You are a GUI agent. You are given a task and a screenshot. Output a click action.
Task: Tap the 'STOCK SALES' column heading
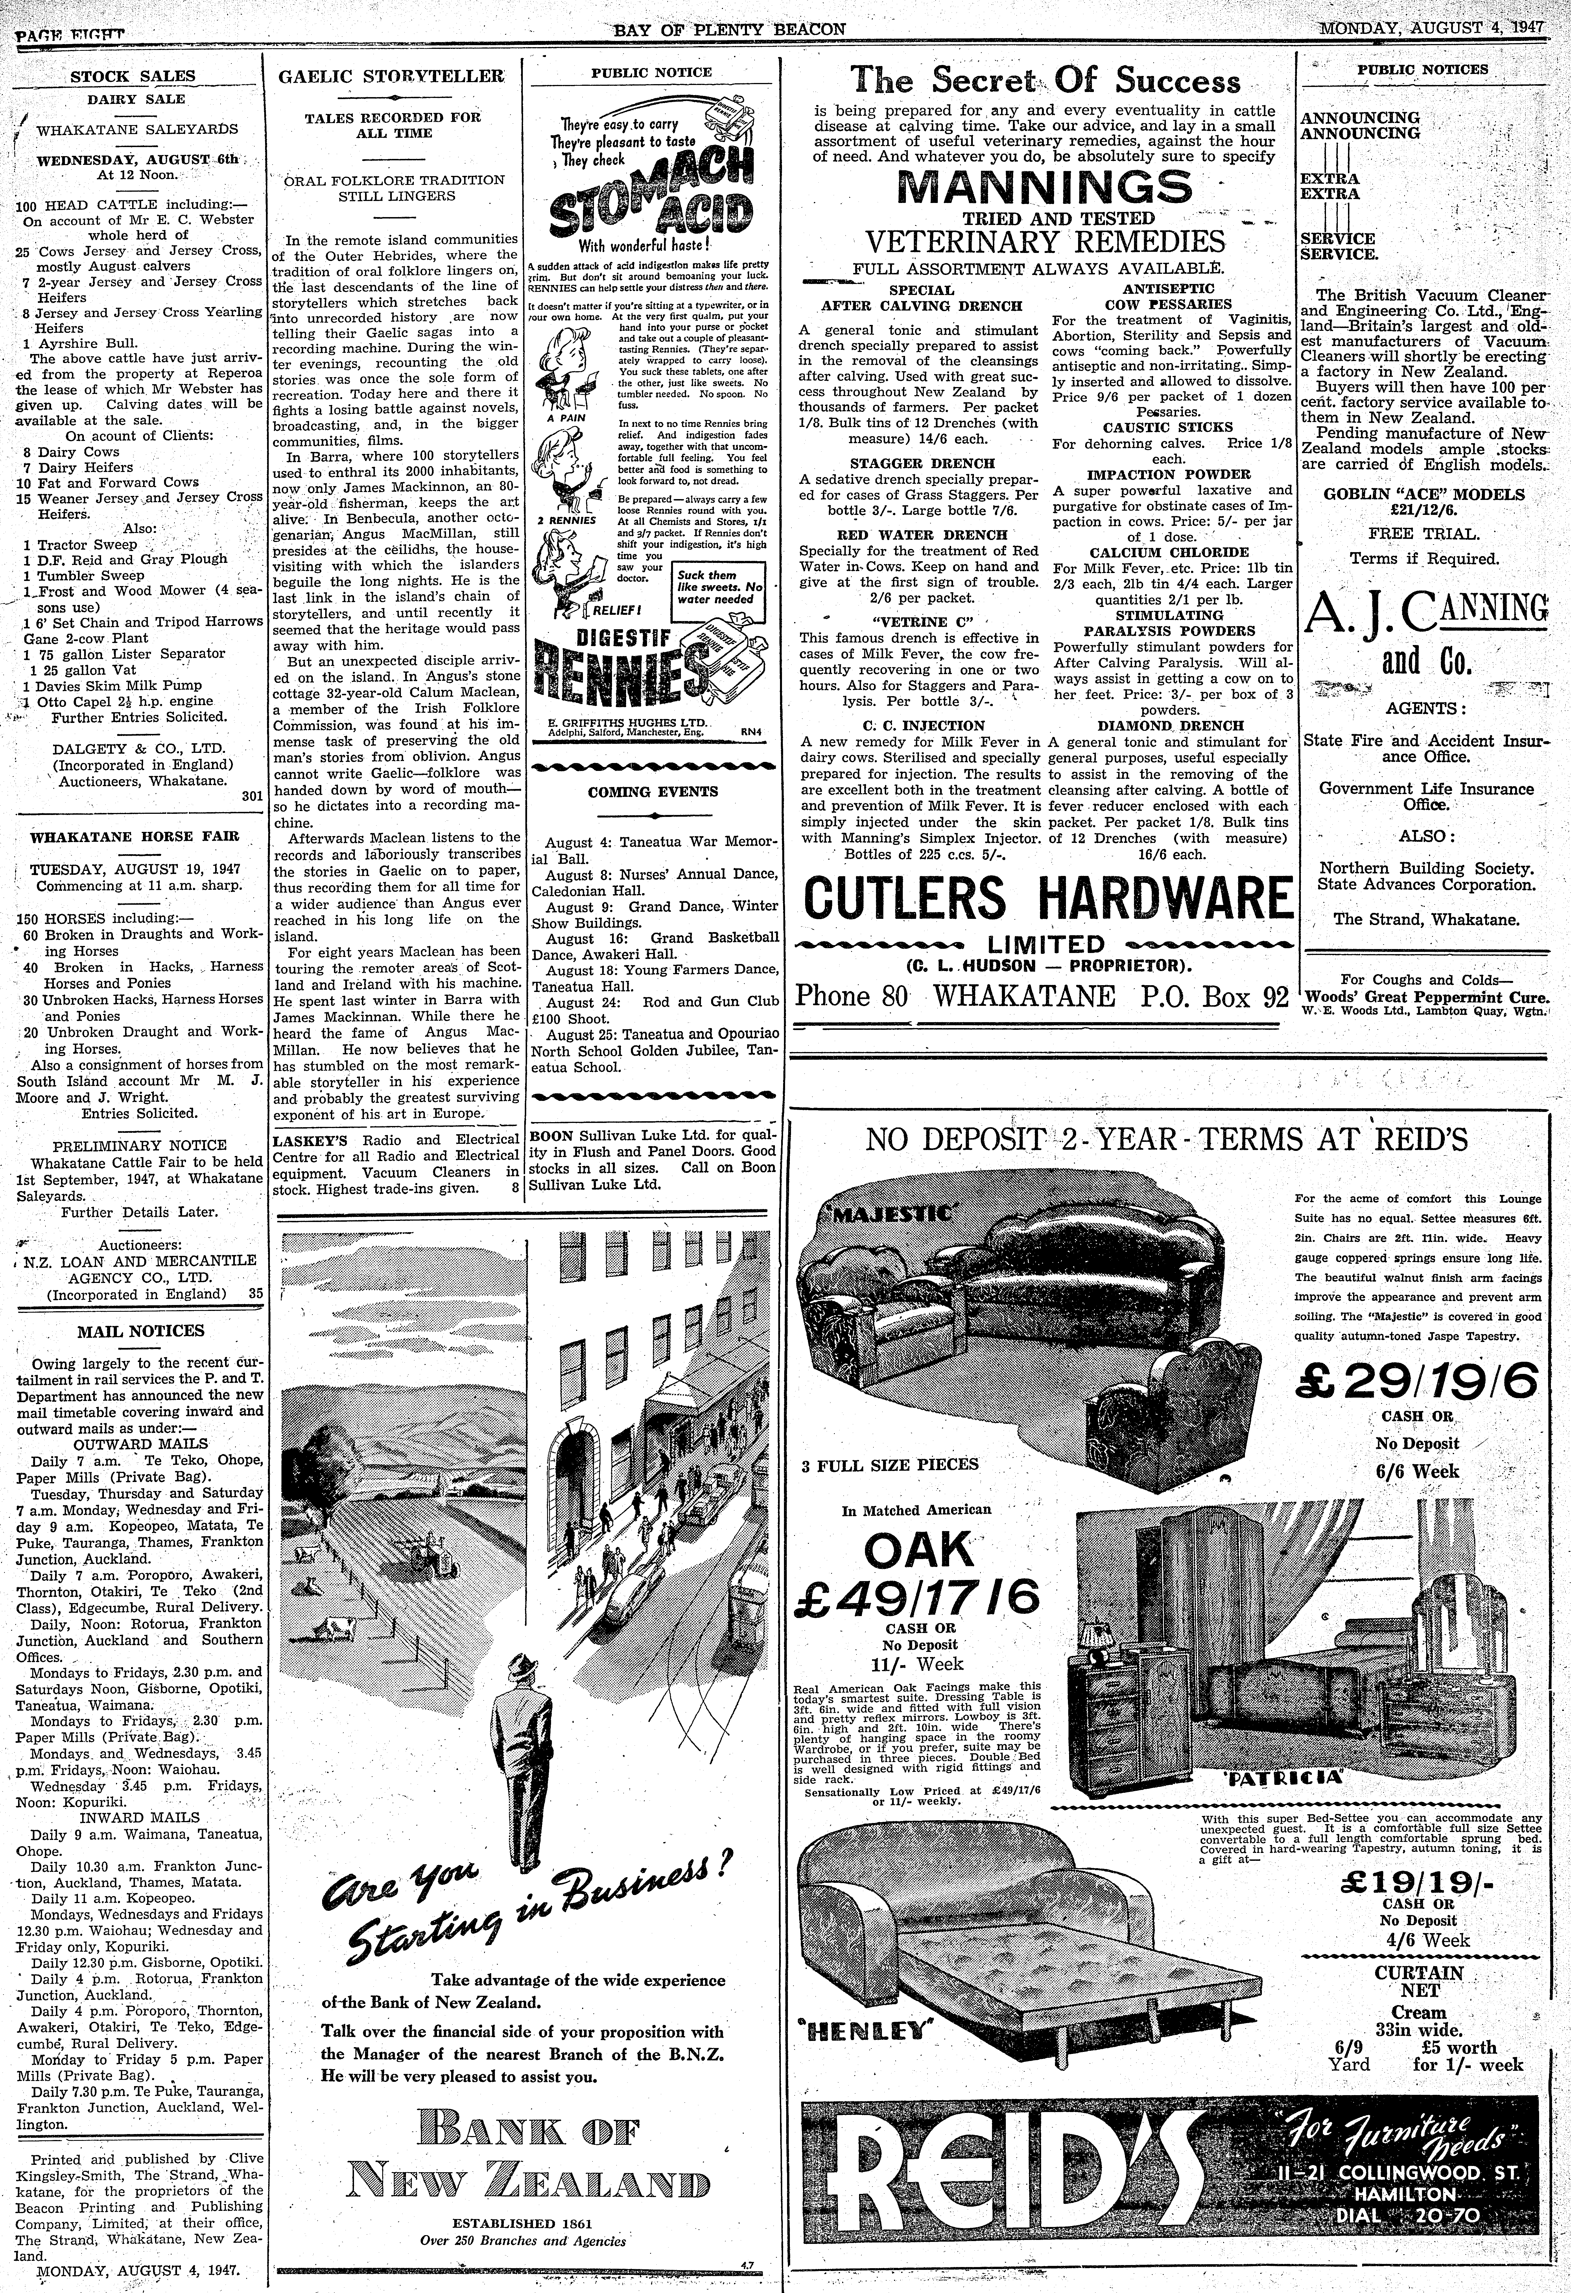point(132,76)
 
